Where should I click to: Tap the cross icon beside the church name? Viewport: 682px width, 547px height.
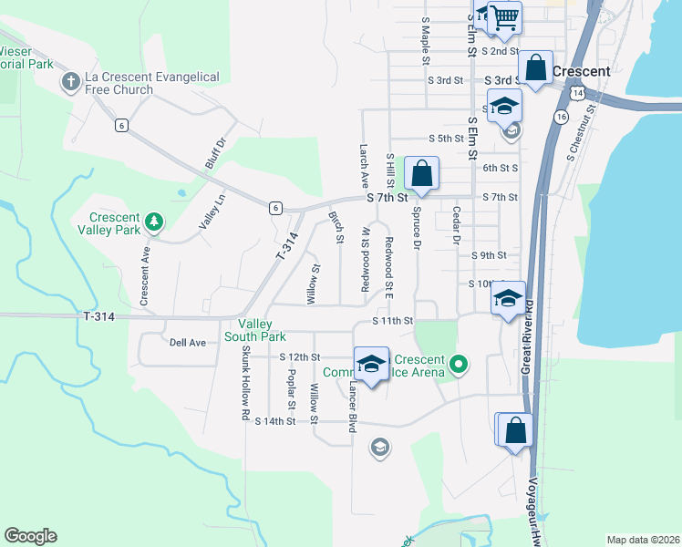70,83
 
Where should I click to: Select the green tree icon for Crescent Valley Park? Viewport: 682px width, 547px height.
155,221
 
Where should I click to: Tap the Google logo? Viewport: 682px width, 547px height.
30,535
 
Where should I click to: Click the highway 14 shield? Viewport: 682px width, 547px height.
577,93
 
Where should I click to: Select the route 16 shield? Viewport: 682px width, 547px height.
560,118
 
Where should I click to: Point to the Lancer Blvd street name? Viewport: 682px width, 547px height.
351,406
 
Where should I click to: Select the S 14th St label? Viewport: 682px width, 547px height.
275,421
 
